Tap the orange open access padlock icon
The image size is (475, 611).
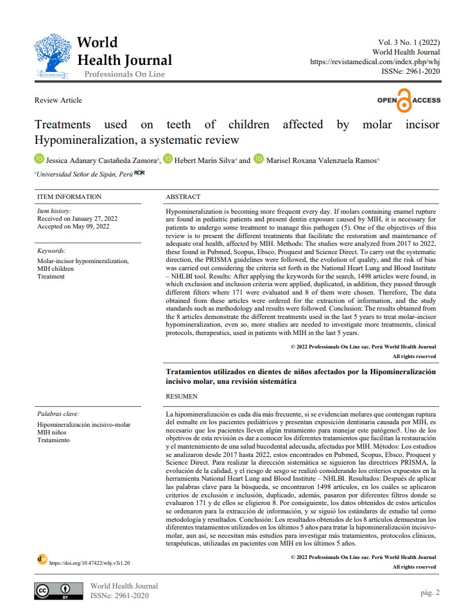click(x=404, y=101)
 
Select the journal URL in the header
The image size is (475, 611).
click(x=375, y=62)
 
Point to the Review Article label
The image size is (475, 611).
click(x=58, y=100)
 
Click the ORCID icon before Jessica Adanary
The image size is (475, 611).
click(x=39, y=159)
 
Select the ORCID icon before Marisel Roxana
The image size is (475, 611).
click(x=259, y=159)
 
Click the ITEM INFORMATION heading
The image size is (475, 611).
click(x=69, y=197)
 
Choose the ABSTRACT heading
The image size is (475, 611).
click(x=183, y=197)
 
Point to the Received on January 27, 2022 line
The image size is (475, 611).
click(x=73, y=218)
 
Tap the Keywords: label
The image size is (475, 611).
click(x=51, y=251)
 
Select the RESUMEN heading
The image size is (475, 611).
click(x=182, y=397)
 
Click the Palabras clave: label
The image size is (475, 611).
click(x=58, y=414)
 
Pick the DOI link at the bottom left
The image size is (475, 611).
click(x=89, y=562)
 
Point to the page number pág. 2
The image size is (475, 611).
click(x=429, y=592)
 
